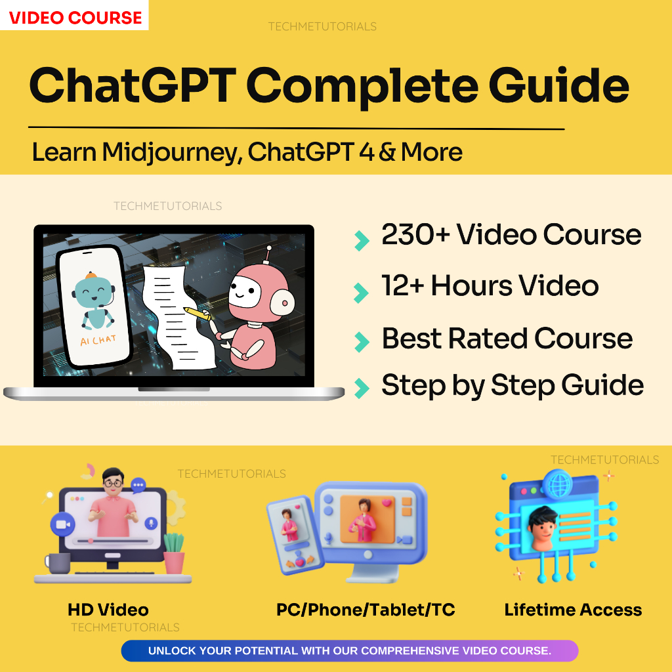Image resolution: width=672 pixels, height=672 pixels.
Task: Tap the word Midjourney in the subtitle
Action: (171, 152)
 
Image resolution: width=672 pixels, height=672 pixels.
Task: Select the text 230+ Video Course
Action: (511, 235)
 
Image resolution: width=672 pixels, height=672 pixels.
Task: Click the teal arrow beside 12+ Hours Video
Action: (360, 292)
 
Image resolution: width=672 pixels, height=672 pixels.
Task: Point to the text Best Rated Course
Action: (507, 339)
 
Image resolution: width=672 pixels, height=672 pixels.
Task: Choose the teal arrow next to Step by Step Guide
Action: (360, 388)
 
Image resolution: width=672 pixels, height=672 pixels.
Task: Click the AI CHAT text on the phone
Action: (98, 341)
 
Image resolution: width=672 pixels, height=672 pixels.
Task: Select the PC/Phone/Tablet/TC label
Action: (366, 610)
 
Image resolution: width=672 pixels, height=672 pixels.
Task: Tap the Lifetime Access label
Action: (573, 610)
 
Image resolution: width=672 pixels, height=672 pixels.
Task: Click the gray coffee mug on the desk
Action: (58, 563)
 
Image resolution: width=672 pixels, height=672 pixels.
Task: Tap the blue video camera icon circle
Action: (63, 524)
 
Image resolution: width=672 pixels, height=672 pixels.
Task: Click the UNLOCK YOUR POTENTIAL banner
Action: (349, 651)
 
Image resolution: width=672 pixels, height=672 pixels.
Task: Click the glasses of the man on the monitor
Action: (112, 482)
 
